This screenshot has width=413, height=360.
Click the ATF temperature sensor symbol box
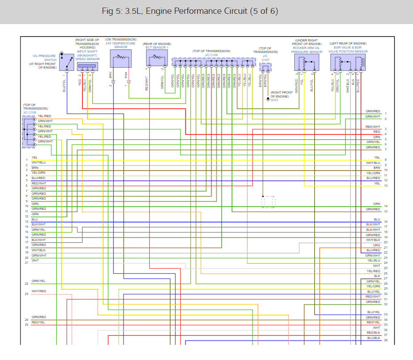click(121, 58)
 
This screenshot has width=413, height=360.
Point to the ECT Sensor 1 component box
click(156, 58)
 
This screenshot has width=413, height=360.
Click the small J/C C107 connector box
click(265, 67)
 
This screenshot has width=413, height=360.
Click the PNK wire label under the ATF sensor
click(126, 75)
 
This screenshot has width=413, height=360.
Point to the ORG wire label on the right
click(376, 245)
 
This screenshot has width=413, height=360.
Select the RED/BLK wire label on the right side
click(373, 333)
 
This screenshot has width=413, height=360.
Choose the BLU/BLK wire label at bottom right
click(373, 338)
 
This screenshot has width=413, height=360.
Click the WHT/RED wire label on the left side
click(39, 291)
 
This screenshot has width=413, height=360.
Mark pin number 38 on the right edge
click(385, 340)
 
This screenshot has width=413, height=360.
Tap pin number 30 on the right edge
click(385, 294)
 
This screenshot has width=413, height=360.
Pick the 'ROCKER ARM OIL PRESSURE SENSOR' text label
click(306, 48)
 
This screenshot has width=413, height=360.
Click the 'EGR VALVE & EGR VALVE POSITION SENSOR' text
click(348, 48)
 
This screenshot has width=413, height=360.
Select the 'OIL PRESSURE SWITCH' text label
click(44, 58)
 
